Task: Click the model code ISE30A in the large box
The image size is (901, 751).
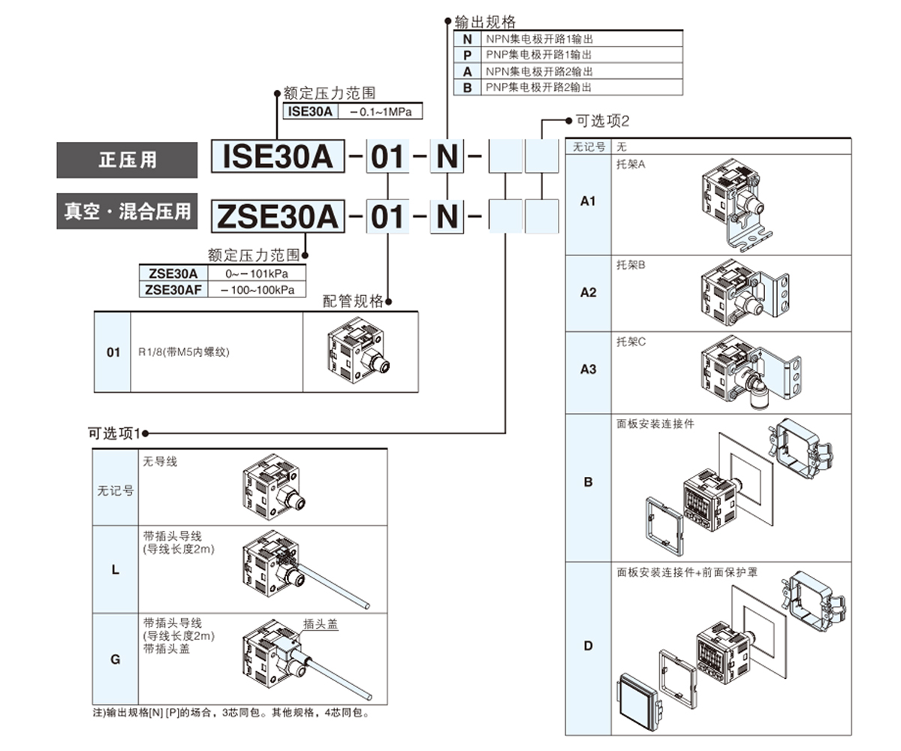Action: click(277, 157)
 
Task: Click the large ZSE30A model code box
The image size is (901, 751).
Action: click(277, 216)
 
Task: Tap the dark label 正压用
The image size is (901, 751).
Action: click(128, 160)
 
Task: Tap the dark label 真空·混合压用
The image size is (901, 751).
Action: click(128, 212)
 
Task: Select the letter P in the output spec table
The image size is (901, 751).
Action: click(467, 55)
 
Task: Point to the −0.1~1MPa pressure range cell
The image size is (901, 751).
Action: click(380, 111)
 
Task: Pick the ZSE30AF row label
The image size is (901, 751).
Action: click(173, 289)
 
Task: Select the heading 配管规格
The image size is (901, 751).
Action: click(353, 301)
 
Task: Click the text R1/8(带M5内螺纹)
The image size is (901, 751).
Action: click(183, 351)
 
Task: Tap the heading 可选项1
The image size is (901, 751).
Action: click(114, 433)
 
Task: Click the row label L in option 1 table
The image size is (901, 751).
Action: click(115, 569)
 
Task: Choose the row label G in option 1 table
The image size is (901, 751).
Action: click(115, 659)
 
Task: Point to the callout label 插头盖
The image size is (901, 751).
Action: click(321, 623)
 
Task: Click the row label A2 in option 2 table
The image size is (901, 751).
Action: click(589, 292)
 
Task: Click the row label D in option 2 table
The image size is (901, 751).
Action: click(589, 646)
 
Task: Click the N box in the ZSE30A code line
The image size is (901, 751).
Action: click(447, 216)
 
